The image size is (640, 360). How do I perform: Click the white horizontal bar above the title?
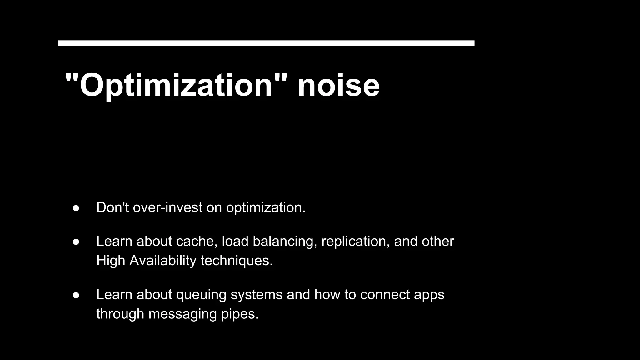pos(266,43)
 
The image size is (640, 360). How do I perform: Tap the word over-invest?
pos(167,207)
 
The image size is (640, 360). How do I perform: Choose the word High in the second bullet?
pos(111,261)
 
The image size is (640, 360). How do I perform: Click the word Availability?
pos(163,261)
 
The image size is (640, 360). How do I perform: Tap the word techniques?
pos(237,261)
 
